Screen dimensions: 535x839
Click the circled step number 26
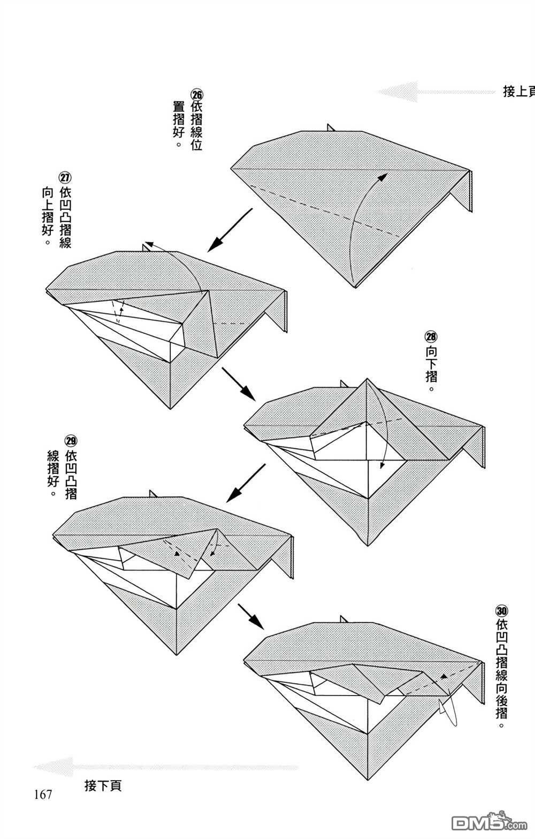[197, 94]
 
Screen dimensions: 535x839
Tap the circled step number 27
[65, 177]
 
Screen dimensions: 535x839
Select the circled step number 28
[431, 336]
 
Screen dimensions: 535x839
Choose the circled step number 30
[502, 611]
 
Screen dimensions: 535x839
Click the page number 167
[43, 795]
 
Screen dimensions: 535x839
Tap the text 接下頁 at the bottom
[103, 785]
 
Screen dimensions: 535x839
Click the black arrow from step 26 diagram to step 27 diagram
[230, 230]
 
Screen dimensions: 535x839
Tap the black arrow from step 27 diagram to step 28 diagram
[239, 384]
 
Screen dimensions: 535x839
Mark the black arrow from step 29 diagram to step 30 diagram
[251, 616]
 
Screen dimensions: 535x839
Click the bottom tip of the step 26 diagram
[355, 288]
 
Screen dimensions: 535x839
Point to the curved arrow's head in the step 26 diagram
[383, 177]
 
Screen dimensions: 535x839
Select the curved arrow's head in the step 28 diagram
[381, 465]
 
